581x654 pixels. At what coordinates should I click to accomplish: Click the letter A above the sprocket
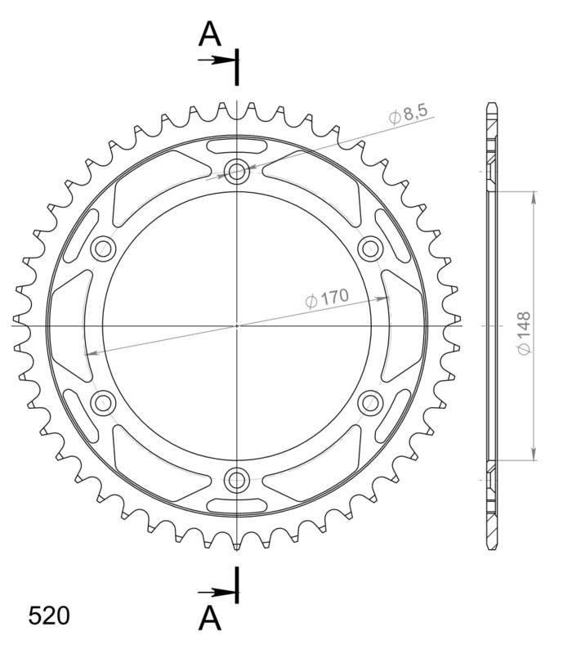211,34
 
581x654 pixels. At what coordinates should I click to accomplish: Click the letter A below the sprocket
211,619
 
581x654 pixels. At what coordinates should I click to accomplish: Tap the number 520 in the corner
49,616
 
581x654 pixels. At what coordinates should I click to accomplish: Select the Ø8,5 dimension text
409,116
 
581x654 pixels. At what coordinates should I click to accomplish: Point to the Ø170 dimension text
327,300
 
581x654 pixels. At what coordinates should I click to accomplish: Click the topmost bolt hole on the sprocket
237,172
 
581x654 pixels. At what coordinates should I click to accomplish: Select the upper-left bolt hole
104,249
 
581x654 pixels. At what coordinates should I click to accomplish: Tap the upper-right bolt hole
370,249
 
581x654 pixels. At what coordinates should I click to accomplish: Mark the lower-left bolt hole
104,401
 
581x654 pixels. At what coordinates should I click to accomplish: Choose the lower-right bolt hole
370,401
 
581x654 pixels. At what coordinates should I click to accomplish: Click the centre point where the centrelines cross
237,325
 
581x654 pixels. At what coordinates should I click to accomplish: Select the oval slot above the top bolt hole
237,147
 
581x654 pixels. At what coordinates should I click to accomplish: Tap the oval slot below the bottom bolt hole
237,504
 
